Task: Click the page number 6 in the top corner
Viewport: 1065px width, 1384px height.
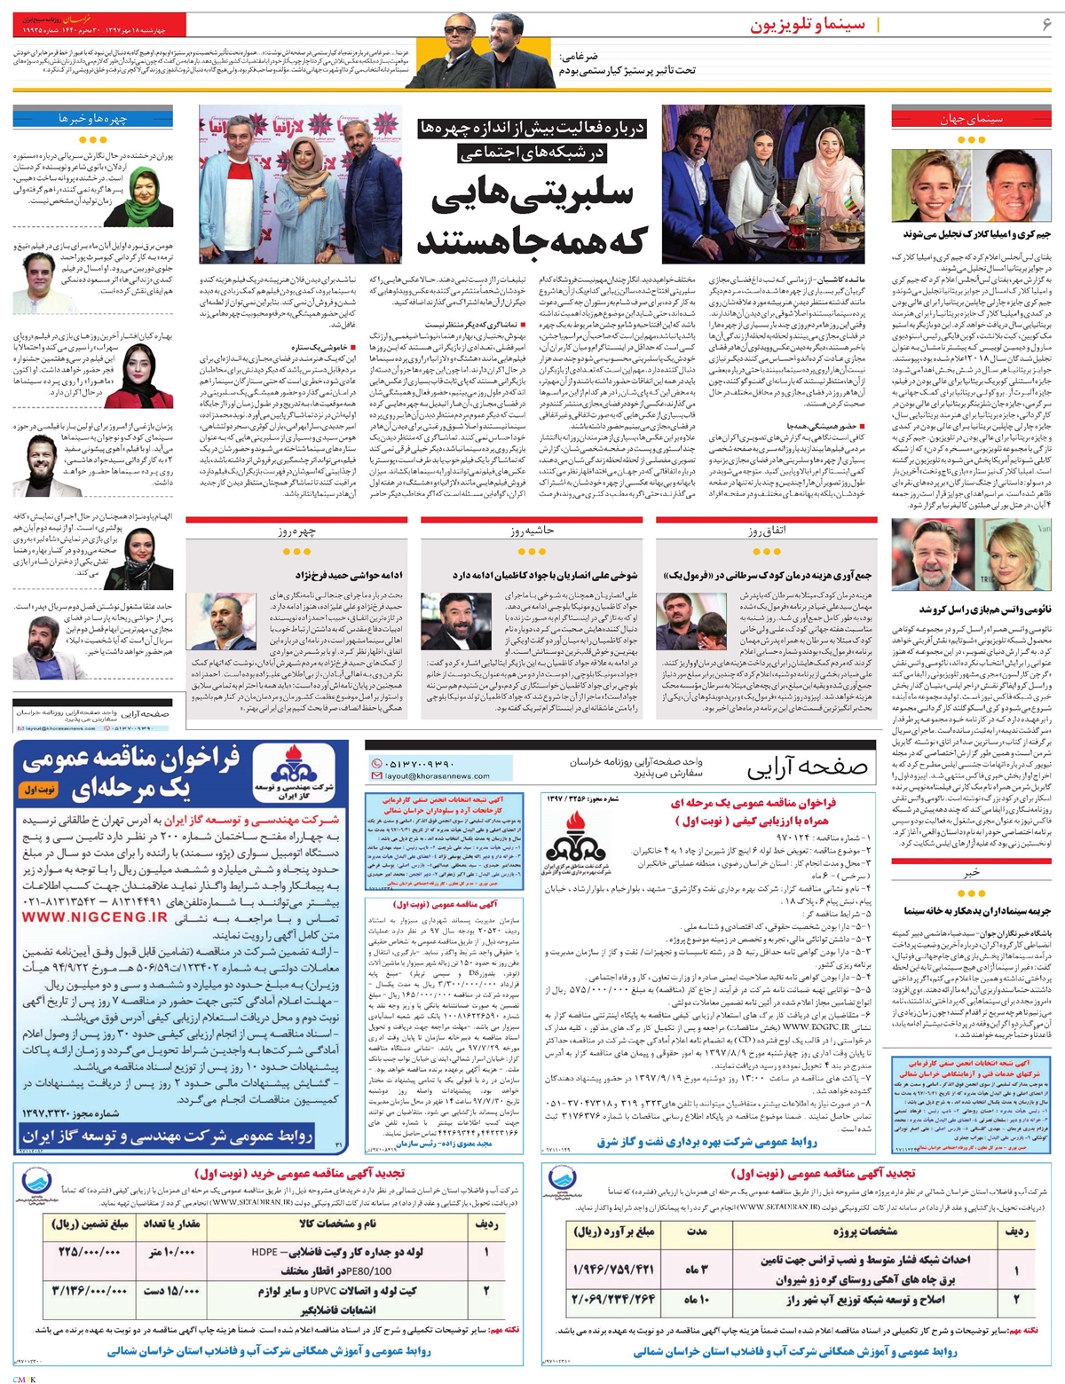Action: pos(1046,24)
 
